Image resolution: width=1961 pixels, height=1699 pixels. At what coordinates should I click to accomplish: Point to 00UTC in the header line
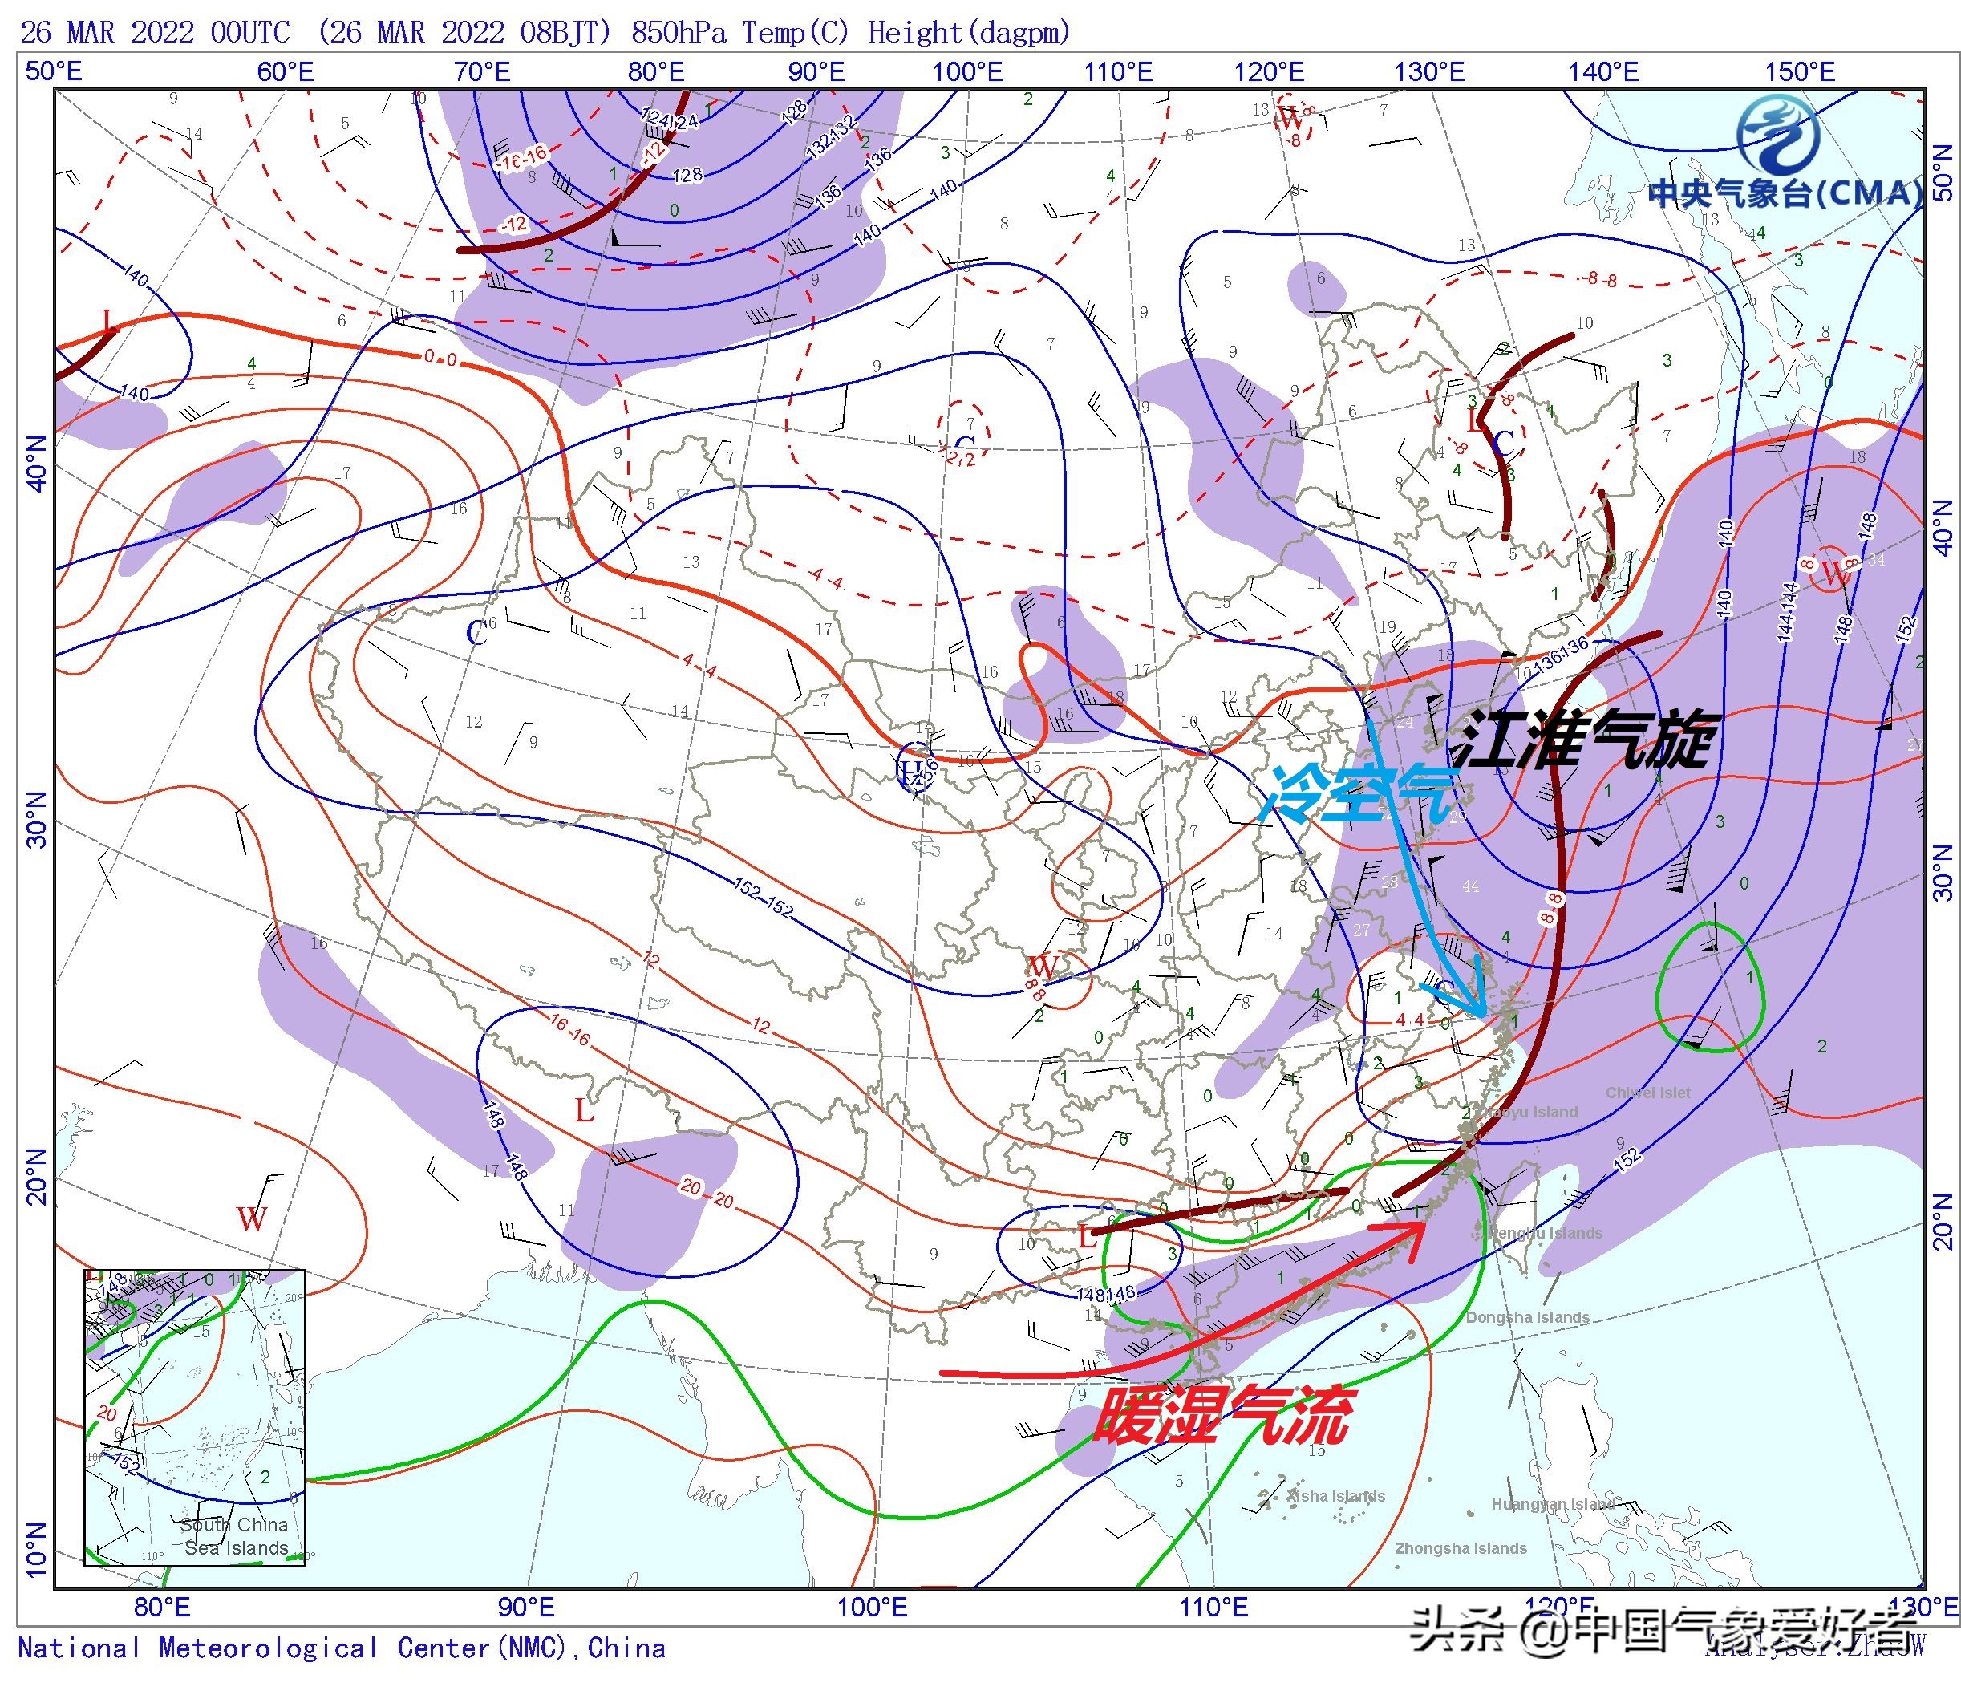pyautogui.click(x=250, y=32)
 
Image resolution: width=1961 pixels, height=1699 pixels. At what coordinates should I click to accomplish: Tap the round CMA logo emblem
pyautogui.click(x=1779, y=136)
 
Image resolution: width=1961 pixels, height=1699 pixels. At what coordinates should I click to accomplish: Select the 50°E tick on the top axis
pyautogui.click(x=53, y=72)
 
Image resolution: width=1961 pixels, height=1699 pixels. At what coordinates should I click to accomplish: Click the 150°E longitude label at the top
pyautogui.click(x=1799, y=72)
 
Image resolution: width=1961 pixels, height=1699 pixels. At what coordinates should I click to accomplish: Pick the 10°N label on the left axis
pyautogui.click(x=36, y=1550)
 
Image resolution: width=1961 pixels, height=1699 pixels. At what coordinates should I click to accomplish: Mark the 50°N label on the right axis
pyautogui.click(x=1942, y=172)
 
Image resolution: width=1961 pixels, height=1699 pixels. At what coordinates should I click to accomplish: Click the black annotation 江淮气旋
pyautogui.click(x=1585, y=740)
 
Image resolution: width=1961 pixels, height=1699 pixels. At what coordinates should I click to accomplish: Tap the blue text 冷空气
pyautogui.click(x=1360, y=794)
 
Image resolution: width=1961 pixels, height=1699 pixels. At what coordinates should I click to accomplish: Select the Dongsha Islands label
pyautogui.click(x=1527, y=1317)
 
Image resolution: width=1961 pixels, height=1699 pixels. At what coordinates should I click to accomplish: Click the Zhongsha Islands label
pyautogui.click(x=1461, y=1548)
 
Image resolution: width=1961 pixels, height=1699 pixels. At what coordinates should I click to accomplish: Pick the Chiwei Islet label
pyautogui.click(x=1647, y=1093)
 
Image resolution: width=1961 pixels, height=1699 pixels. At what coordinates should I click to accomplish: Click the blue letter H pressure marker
pyautogui.click(x=910, y=771)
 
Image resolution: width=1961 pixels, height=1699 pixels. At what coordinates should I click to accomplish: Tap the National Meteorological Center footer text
pyautogui.click(x=341, y=1648)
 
